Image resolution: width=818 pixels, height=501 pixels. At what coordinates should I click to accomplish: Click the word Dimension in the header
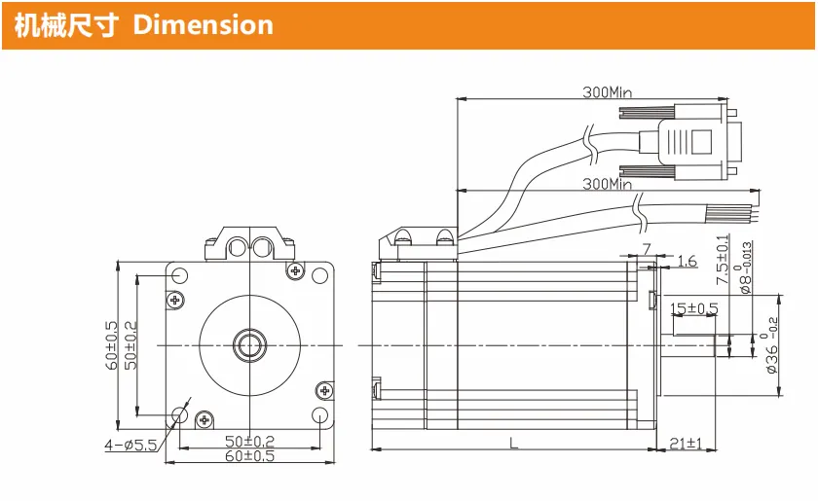tap(203, 25)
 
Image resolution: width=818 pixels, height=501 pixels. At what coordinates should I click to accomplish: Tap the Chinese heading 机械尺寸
tap(66, 25)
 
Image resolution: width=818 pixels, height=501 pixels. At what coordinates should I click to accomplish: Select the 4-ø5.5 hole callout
tap(130, 446)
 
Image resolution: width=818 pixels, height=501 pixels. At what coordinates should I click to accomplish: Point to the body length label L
tap(514, 444)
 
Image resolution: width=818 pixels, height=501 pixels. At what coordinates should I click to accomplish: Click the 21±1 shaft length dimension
tap(686, 444)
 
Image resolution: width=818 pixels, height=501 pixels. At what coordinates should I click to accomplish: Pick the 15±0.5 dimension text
tap(693, 308)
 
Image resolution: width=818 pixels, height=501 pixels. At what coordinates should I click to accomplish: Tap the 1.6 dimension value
tap(687, 261)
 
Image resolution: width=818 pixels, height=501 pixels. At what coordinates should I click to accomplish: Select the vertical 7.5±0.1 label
tap(723, 259)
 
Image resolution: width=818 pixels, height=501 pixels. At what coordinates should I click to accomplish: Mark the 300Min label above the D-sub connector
tap(608, 92)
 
